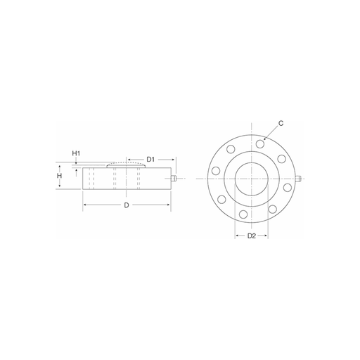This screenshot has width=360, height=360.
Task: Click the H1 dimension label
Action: coord(76,153)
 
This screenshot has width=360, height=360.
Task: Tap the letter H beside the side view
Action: coord(60,176)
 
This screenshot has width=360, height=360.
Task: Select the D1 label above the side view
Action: coord(150,160)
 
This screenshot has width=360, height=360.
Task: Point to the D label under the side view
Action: coord(127,205)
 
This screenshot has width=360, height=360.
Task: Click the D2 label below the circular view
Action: coord(252,236)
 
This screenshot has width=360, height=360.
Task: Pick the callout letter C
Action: coord(281,123)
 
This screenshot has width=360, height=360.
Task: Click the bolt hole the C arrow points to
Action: coord(260,143)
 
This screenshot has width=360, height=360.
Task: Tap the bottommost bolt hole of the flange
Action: coord(243,214)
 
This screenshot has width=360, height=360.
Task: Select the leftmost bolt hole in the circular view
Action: coord(216,170)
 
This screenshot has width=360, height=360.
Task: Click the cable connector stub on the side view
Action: coord(174,179)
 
